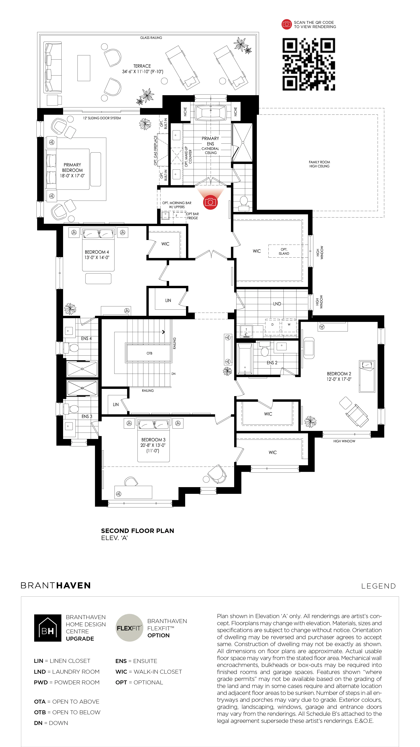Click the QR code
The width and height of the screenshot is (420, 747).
309,64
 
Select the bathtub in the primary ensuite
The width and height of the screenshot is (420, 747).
211,112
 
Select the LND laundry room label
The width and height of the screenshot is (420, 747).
277,304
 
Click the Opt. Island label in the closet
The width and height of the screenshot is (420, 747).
284,251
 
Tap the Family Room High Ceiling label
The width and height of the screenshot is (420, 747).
319,164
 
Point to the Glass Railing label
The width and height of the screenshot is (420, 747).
151,38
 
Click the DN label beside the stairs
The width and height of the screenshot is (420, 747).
173,374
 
